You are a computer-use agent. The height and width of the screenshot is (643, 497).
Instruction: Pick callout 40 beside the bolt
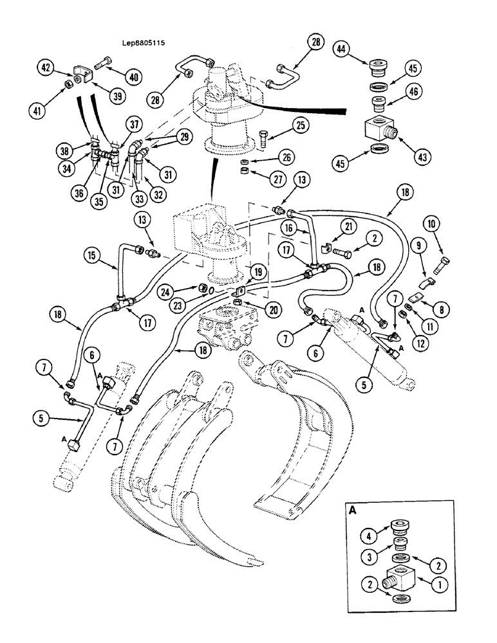(134, 77)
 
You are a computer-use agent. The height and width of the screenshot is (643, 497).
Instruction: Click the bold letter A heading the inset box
(353, 511)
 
